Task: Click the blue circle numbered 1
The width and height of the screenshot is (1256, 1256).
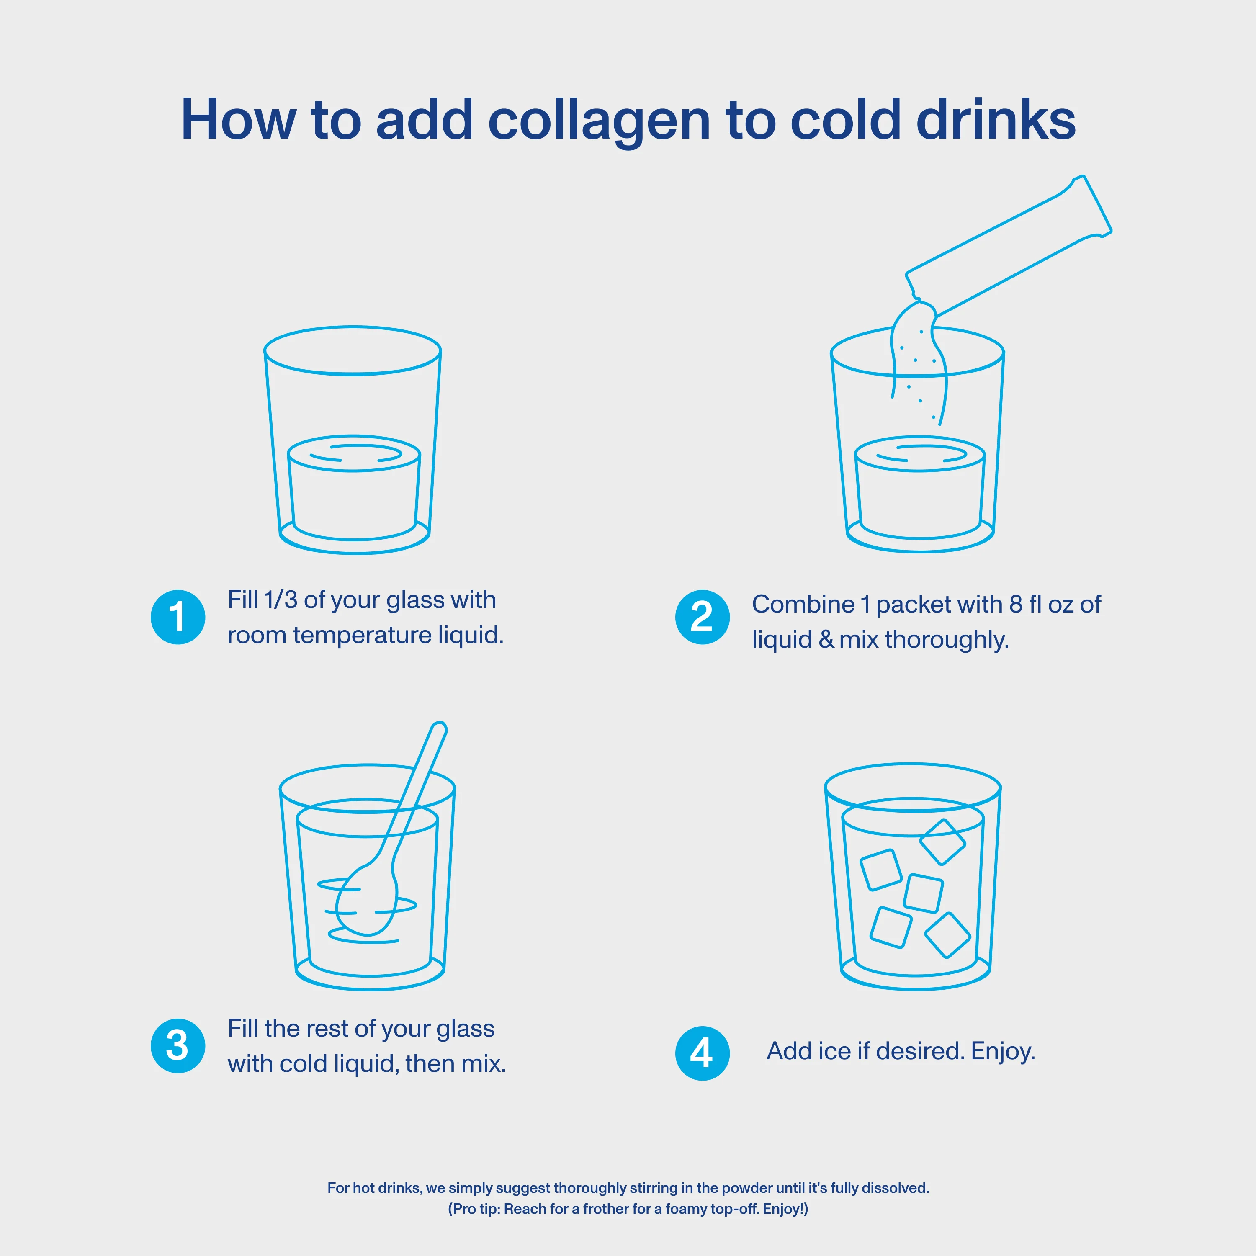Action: (178, 617)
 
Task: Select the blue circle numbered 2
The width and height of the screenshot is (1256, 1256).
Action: (702, 617)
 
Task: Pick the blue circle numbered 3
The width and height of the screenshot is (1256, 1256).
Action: (178, 1045)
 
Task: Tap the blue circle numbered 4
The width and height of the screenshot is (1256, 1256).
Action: (702, 1053)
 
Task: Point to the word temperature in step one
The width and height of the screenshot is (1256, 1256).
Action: (361, 635)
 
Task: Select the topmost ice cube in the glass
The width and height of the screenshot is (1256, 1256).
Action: (942, 842)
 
